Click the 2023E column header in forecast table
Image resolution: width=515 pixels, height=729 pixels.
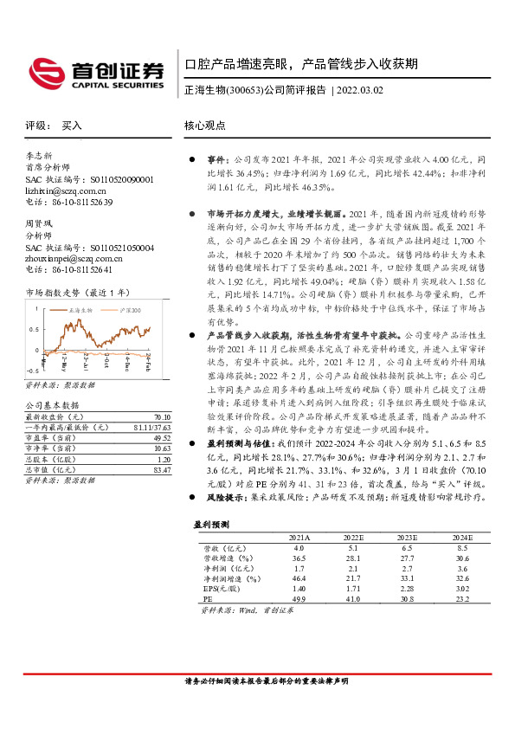point(407,537)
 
